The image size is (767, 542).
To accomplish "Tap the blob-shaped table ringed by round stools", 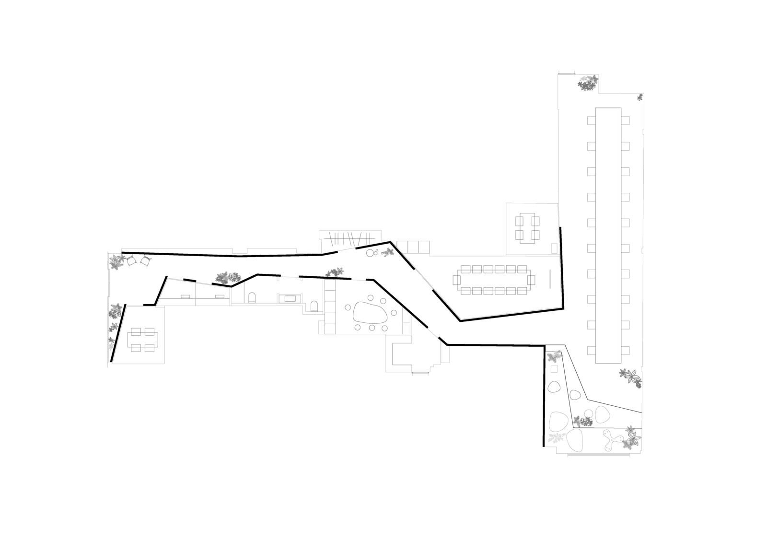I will [370, 313].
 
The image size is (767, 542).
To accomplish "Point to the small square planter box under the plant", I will [554, 369].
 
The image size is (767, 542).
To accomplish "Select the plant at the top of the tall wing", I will [587, 82].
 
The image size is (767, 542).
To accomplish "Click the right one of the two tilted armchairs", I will [145, 260].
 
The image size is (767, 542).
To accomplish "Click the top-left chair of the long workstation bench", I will [591, 120].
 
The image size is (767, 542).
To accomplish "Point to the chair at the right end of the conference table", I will [532, 279].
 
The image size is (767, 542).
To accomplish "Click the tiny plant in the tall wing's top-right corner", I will [640, 98].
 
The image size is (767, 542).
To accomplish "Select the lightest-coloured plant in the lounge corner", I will [555, 437].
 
